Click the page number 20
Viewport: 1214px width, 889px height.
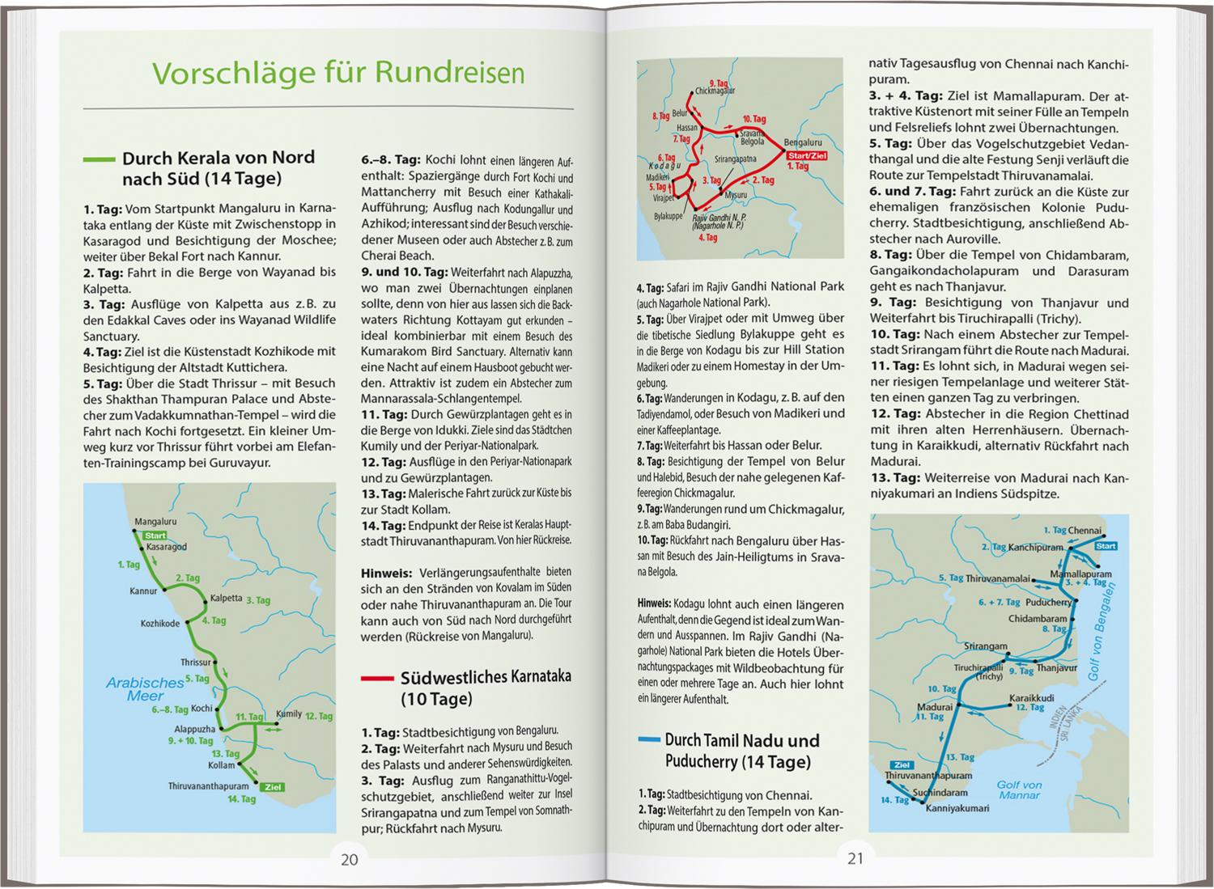[349, 859]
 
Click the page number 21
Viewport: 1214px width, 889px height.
[855, 859]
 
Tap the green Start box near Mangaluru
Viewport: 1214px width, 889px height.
[155, 536]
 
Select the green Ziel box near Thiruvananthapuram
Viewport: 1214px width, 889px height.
[273, 786]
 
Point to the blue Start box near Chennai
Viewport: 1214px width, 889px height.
[1105, 546]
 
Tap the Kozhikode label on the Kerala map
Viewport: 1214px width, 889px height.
[159, 624]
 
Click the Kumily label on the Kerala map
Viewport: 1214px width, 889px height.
[289, 714]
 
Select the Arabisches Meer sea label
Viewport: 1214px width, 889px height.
[146, 688]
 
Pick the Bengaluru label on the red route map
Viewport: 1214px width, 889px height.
[803, 142]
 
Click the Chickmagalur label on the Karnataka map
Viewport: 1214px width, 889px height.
[715, 91]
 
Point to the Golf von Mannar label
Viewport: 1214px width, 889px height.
[1019, 790]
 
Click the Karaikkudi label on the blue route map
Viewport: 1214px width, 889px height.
[1032, 697]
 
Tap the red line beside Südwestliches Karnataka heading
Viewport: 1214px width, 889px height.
[377, 678]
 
